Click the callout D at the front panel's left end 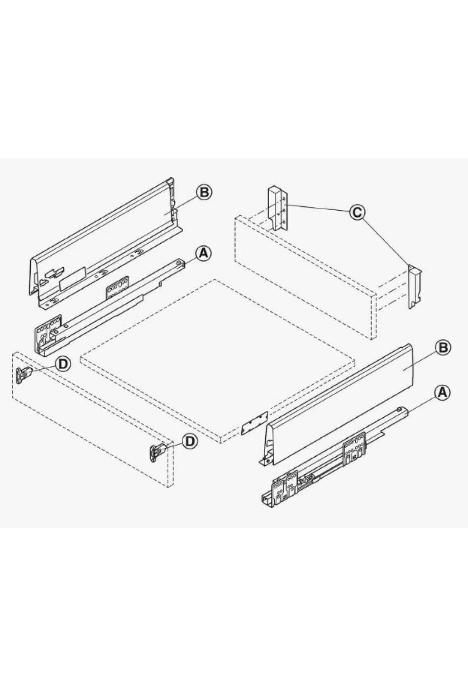click(63, 364)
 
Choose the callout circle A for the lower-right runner click(442, 393)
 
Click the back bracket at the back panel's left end click(278, 209)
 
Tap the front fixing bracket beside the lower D click(156, 454)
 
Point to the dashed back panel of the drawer click(306, 283)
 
